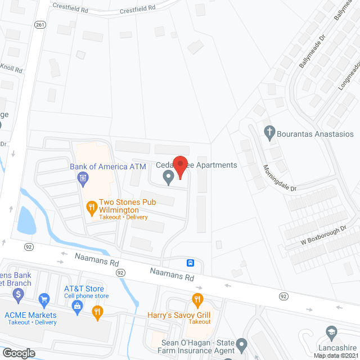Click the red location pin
179,166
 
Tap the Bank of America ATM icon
82,179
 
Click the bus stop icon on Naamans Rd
191,263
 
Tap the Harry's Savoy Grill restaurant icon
197,299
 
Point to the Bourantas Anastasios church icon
269,133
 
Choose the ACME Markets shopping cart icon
43,299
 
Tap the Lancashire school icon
331,332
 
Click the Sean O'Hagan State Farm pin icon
241,343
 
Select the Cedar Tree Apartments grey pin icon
168,178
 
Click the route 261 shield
39,24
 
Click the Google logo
19,353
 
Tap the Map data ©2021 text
336,355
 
